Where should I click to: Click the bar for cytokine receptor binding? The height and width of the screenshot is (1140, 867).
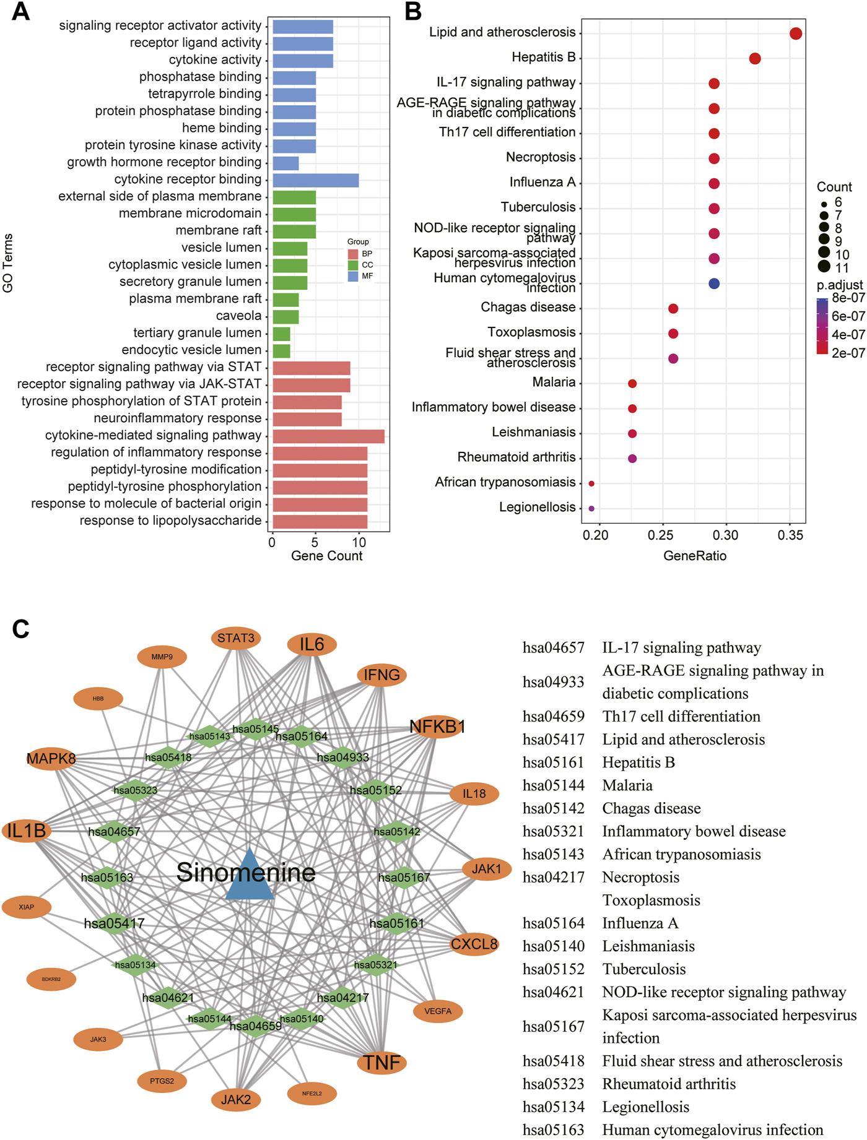tap(315, 180)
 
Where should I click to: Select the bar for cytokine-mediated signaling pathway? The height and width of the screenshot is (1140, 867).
tap(328, 436)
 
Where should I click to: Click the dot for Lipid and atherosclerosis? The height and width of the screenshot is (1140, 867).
tap(796, 33)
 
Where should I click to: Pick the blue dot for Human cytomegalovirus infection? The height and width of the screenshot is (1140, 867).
tap(714, 283)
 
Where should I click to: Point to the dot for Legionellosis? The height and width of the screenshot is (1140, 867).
tap(591, 508)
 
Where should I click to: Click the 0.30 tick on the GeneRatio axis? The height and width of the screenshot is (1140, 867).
tap(726, 535)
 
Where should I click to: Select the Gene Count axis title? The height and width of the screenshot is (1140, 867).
tap(326, 556)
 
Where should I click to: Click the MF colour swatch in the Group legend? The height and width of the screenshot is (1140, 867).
tap(353, 276)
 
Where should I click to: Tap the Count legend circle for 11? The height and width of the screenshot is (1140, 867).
tap(824, 267)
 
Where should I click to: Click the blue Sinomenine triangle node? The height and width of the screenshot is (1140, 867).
tap(249, 876)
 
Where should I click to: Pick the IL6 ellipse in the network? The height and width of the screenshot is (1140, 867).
tap(312, 644)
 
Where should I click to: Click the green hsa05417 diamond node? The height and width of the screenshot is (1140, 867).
tap(115, 923)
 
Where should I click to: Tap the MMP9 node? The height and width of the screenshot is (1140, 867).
tap(162, 657)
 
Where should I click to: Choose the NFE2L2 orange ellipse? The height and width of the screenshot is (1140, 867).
tap(312, 1094)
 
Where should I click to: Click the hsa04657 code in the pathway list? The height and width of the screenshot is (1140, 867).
tap(553, 648)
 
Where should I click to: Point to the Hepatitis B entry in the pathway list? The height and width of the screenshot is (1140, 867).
tap(638, 762)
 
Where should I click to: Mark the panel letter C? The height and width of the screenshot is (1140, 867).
tap(20, 629)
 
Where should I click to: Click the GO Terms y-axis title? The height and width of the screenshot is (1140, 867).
tap(8, 263)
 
